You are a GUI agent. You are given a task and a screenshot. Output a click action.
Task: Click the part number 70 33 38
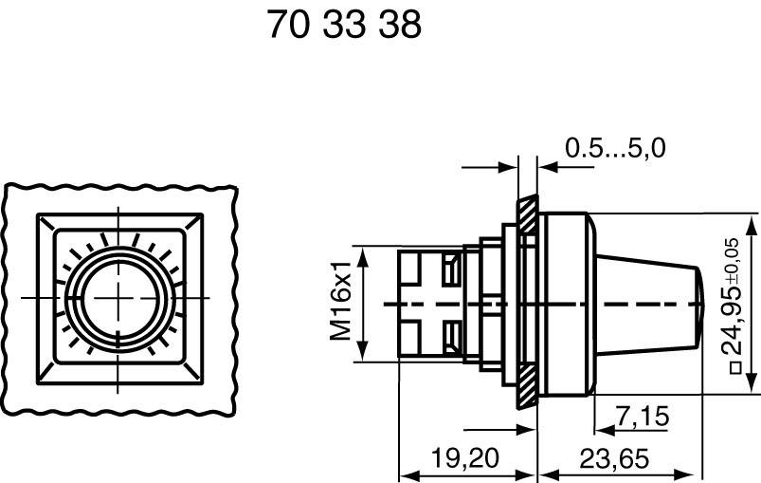tap(343, 25)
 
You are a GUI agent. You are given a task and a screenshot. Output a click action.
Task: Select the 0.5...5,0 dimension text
tap(615, 148)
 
